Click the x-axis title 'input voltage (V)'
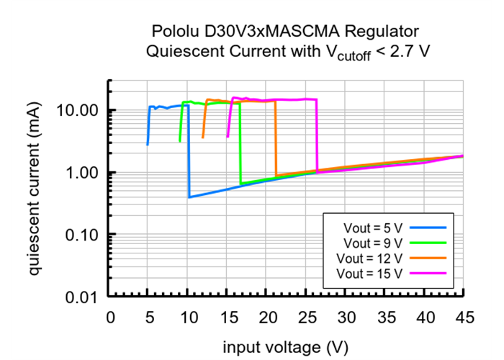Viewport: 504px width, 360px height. pos(286,347)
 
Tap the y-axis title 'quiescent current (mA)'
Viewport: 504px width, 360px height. pos(35,189)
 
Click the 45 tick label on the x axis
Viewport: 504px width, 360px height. pos(464,318)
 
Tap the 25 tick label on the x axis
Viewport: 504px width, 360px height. pos(306,318)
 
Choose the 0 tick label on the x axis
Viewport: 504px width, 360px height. pos(109,318)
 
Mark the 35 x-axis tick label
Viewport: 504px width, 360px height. pos(385,318)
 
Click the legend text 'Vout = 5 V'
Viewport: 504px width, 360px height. pos(373,228)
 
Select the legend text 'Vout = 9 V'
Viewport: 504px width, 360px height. pos(373,243)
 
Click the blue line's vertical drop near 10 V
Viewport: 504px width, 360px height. pos(189,151)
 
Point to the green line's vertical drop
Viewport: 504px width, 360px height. pos(240,144)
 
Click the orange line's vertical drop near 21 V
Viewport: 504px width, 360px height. pos(276,140)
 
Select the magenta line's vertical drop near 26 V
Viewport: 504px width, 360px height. pos(317,137)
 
